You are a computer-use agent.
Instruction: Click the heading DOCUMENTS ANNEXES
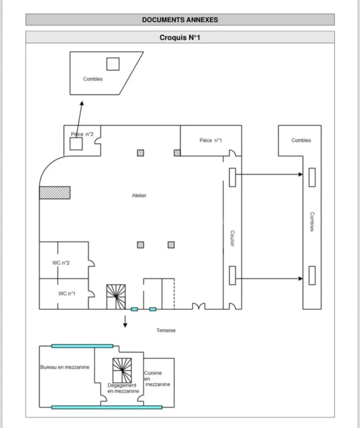tap(180, 20)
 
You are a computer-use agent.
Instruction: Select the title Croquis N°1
tap(180, 37)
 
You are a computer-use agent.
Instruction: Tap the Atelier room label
tap(139, 196)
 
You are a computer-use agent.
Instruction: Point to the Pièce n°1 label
tap(211, 140)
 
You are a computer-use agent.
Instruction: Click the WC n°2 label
tap(61, 263)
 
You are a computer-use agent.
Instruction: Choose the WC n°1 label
tap(67, 294)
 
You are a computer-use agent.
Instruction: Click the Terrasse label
tap(166, 330)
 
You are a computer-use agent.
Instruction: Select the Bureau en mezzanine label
tap(65, 367)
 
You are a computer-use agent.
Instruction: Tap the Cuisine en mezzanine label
tap(157, 378)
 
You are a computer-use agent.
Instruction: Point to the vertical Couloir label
tap(232, 239)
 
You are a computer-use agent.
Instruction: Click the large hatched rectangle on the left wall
tap(55, 193)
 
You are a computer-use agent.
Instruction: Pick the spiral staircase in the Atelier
tap(116, 297)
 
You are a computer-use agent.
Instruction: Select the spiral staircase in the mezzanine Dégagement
tap(122, 371)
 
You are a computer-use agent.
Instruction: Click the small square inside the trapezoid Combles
tap(113, 64)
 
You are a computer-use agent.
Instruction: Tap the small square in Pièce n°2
tap(76, 144)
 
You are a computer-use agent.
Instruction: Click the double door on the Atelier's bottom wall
tap(199, 306)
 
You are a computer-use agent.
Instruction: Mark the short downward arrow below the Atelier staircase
tap(125, 321)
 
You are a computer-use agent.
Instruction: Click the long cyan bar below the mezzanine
tap(106, 407)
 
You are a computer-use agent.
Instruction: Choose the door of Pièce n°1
tap(232, 153)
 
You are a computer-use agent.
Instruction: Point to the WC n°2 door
tap(91, 263)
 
